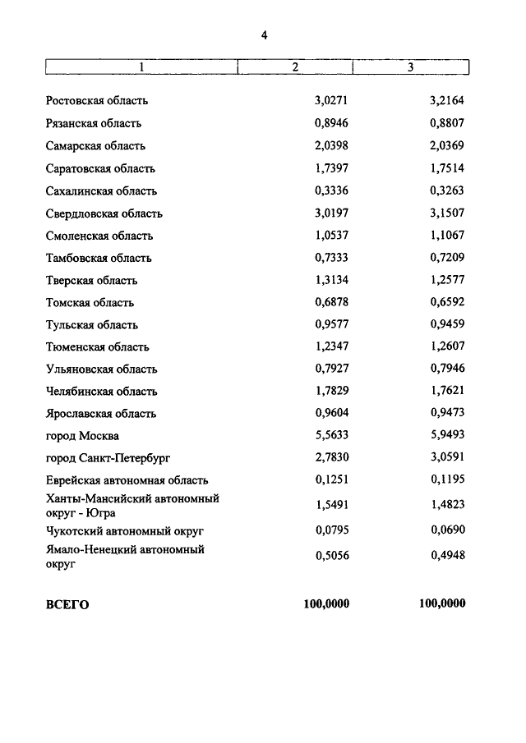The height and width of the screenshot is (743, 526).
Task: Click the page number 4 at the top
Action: (264, 34)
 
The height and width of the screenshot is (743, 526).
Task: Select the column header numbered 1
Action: (141, 67)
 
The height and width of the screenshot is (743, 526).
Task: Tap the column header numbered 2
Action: (294, 67)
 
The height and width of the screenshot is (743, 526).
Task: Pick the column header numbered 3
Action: (410, 67)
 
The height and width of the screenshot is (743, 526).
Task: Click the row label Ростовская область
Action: (97, 102)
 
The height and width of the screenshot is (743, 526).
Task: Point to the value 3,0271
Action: (332, 102)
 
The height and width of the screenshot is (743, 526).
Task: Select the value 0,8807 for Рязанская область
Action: (448, 124)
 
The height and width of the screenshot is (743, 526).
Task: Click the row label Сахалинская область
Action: (101, 191)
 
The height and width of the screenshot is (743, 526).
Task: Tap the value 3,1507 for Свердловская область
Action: (448, 213)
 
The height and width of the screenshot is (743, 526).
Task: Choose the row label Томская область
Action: (90, 303)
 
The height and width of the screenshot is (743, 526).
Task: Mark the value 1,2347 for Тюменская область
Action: (332, 347)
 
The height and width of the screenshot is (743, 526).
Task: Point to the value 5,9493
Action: (448, 436)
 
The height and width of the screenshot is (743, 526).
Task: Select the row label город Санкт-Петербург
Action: (108, 458)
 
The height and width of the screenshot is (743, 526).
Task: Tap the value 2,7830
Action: (332, 458)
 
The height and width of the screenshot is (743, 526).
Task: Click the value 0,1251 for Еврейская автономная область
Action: (332, 480)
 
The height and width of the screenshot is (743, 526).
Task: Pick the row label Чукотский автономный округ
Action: (124, 531)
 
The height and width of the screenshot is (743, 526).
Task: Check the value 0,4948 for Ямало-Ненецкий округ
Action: (448, 556)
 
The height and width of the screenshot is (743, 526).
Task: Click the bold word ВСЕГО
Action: (67, 605)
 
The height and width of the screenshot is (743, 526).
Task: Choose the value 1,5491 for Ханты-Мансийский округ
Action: (332, 506)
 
